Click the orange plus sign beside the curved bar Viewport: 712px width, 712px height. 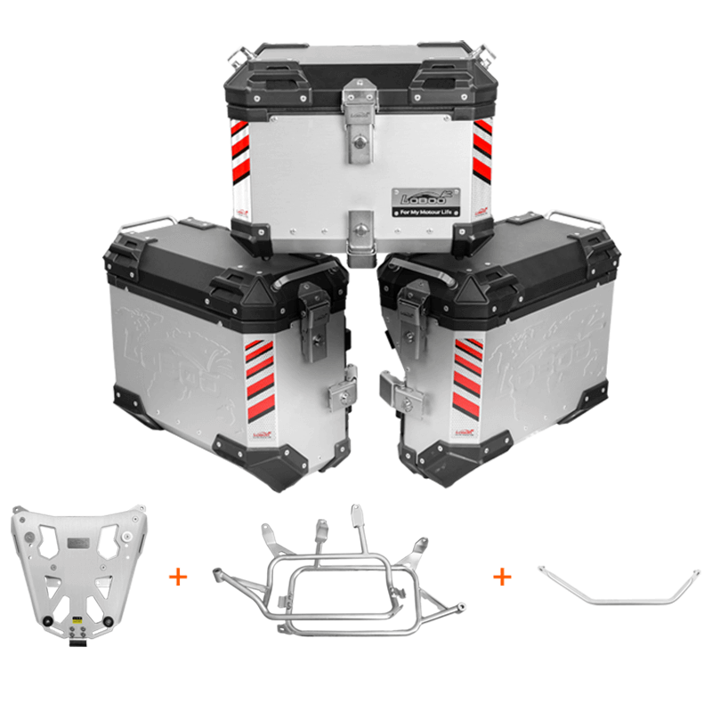point(503,577)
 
